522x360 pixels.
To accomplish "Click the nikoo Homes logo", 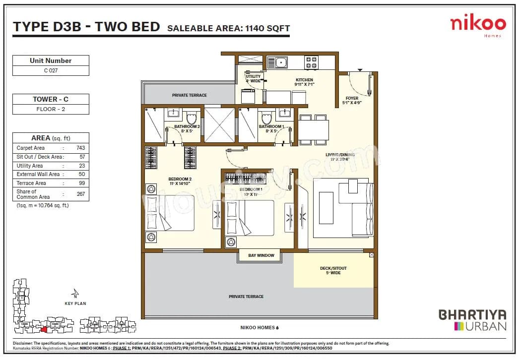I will pos(478,25).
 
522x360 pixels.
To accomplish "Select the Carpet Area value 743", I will pos(80,148).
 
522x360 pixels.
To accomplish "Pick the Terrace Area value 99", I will pos(81,183).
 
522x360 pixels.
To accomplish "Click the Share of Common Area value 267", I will pos(80,194).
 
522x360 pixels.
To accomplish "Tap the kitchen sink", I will pos(280,62).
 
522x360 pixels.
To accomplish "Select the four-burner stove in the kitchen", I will pos(312,62).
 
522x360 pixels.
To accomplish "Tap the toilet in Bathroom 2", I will pos(192,118).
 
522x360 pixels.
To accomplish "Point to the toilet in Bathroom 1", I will pos(266,118).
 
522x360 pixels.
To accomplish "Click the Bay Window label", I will pos(261,256).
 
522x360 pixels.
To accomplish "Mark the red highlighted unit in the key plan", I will pos(44,328).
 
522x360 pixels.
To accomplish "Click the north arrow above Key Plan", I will pos(75,293).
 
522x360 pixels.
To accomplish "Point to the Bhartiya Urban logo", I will pos(472,320).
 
